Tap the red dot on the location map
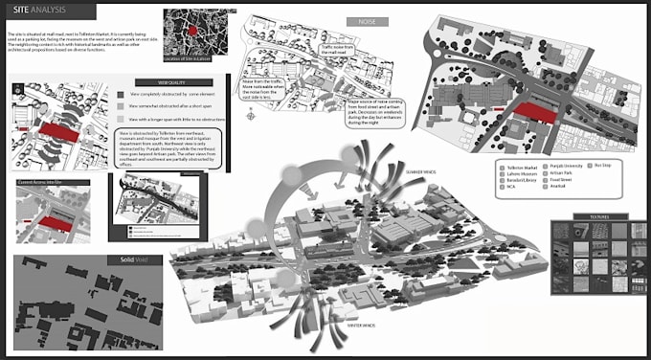click(x=192, y=31)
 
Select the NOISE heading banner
click(x=367, y=20)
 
